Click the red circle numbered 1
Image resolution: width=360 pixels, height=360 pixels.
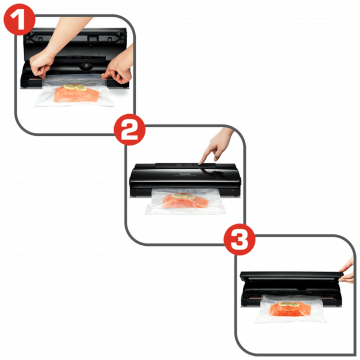pos(19,19)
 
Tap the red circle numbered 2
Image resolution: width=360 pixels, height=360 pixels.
pos(130,130)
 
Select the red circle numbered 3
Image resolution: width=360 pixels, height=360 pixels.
pos(239,239)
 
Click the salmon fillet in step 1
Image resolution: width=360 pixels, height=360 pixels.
pos(76,94)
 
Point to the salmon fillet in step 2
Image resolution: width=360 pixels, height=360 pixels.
pos(185,201)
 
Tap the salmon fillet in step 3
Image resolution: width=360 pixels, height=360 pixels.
pos(290,309)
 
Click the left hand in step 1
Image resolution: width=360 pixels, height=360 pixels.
pos(42,64)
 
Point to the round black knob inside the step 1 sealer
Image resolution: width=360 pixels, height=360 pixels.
pos(85,66)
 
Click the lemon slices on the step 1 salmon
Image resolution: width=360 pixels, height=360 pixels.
pos(75,87)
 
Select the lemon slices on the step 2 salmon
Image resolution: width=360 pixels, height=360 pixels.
pos(183,196)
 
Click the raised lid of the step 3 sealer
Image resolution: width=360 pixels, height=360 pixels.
pos(291,275)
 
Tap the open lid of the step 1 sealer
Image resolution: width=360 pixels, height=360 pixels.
pos(75,39)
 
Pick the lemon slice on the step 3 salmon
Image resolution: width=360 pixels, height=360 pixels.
pos(288,304)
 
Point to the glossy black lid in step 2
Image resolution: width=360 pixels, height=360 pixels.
pos(185,172)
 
